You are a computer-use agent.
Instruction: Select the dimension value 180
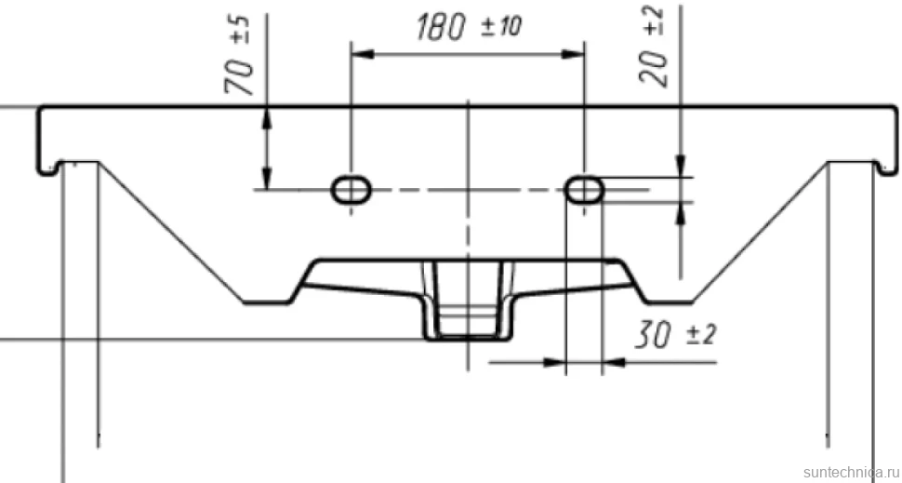(440, 28)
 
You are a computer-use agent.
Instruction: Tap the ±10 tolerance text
(501, 27)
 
